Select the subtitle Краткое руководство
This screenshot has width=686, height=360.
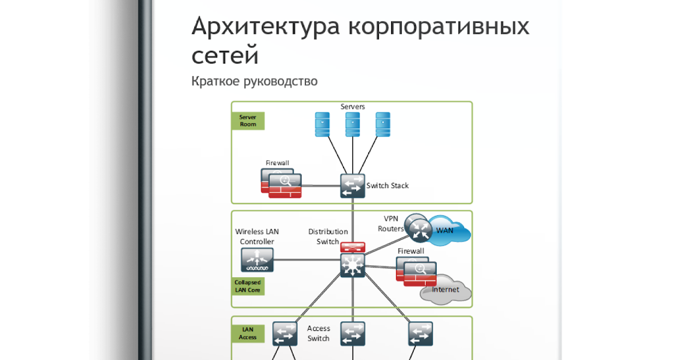(254, 81)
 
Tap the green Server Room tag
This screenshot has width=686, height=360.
(248, 121)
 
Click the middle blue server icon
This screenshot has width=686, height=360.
(352, 124)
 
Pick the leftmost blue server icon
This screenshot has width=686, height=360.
(322, 124)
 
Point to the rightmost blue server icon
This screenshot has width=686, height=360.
(382, 124)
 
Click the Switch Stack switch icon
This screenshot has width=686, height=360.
(352, 186)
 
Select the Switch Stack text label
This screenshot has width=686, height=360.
(388, 186)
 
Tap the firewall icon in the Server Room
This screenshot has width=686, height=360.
(281, 183)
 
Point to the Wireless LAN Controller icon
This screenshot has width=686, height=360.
(257, 259)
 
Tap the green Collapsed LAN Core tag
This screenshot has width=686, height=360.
(248, 286)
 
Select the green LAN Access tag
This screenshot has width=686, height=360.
(248, 333)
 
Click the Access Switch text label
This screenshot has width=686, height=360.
(318, 333)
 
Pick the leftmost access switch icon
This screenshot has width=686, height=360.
(284, 333)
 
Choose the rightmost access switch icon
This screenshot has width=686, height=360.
(420, 333)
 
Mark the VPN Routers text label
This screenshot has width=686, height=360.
(390, 223)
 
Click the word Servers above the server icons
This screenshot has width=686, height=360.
(353, 107)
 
